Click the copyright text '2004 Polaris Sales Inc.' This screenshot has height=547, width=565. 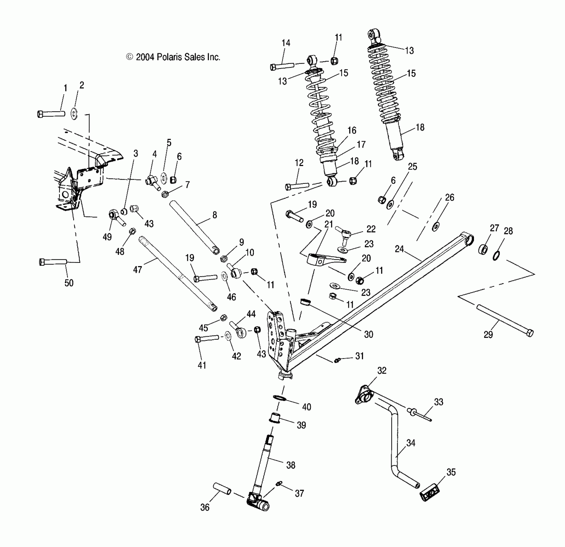point(178,57)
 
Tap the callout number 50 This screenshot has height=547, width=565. point(69,283)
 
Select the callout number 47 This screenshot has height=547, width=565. point(137,270)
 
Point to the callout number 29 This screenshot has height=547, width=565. point(488,335)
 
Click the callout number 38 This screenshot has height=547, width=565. point(291,465)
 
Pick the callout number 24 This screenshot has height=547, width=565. point(399,249)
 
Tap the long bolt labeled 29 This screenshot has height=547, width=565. point(505,321)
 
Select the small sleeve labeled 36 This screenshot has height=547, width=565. point(222,488)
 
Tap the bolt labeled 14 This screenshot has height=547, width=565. point(282,67)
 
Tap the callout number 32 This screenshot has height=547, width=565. point(382,370)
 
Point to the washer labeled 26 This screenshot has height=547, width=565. point(436,227)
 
